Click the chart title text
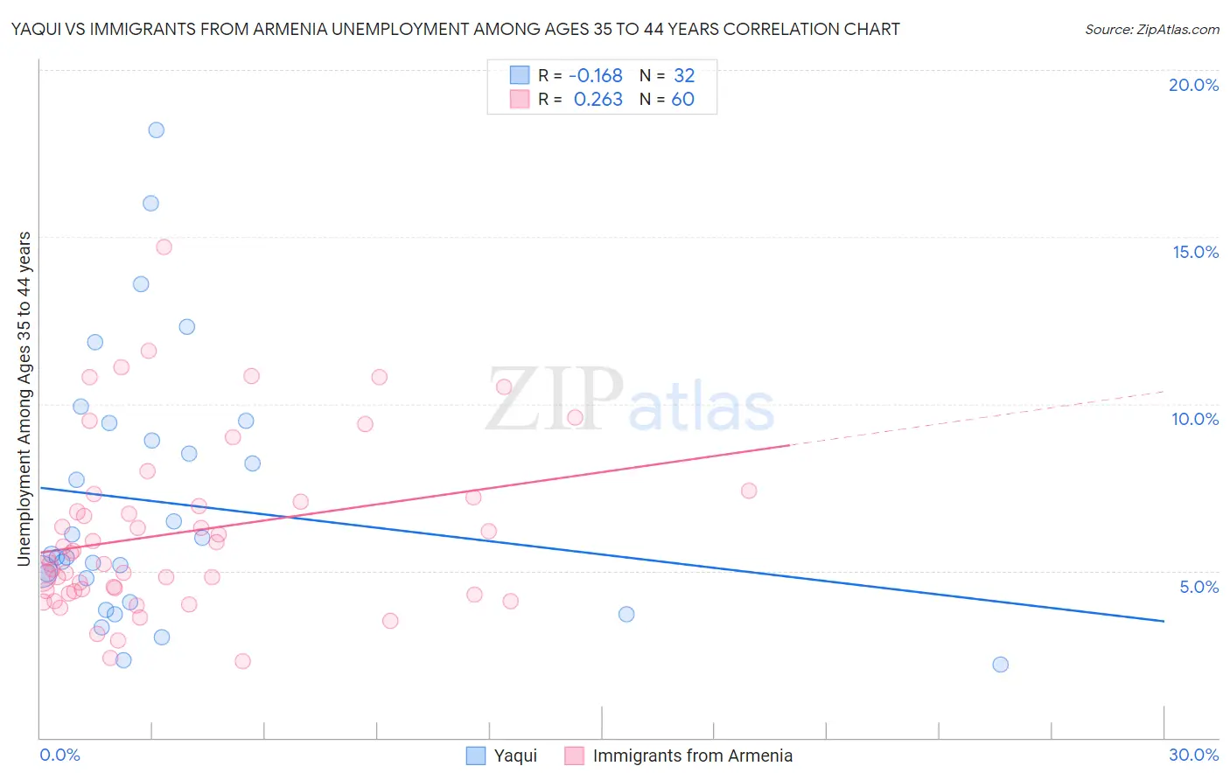pos(455,29)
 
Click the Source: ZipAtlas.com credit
pos(1151,29)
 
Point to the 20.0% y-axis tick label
pos(1193,85)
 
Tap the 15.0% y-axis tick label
pos(1195,252)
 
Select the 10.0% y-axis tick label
pos(1195,419)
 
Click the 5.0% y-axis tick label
pos(1199,587)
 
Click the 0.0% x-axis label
pos(59,755)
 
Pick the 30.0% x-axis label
pos(1193,755)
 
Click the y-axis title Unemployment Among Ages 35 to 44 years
pos(24,399)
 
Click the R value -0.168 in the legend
pos(595,76)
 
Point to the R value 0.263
pos(598,100)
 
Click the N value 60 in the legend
pos(682,100)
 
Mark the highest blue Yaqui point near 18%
pos(156,130)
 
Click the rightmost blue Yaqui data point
pos(1000,665)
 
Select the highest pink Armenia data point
pos(164,247)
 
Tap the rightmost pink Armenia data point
pos(748,491)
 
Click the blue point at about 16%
pos(150,203)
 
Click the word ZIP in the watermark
pos(554,400)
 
